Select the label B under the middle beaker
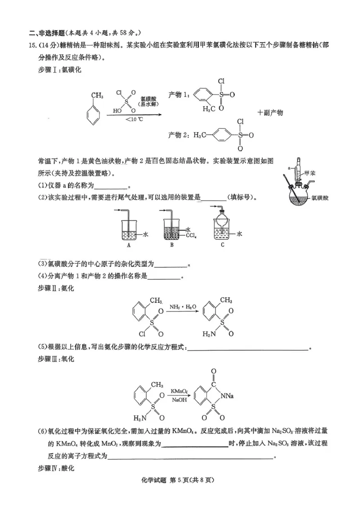pyautogui.click(x=172, y=245)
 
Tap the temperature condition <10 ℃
pyautogui.click(x=134, y=119)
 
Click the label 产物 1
pyautogui.click(x=177, y=95)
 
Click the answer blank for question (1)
pyautogui.click(x=111, y=186)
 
